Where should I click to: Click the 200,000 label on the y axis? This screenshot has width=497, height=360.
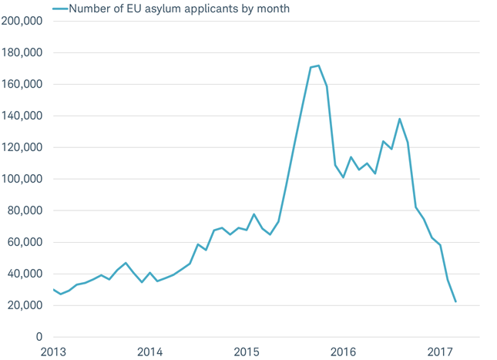(x=22, y=22)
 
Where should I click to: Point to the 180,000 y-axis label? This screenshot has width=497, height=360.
(x=22, y=53)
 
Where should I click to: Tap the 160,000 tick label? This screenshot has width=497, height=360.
(x=22, y=85)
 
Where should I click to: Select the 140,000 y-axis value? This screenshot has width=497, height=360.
(x=22, y=116)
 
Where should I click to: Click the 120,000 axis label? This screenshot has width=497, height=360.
(x=22, y=148)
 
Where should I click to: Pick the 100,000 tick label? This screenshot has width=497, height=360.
(x=22, y=180)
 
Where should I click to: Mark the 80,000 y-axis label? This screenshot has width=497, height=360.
(x=25, y=211)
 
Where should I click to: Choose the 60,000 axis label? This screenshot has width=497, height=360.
(x=25, y=243)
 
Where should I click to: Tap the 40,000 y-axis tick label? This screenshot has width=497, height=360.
(x=25, y=274)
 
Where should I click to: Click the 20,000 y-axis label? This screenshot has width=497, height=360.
(x=25, y=306)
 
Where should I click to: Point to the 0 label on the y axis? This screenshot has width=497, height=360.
(x=38, y=338)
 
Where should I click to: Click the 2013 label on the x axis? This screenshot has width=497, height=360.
(x=53, y=352)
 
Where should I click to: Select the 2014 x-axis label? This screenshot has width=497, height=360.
(x=149, y=352)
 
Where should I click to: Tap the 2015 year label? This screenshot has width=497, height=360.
(x=247, y=352)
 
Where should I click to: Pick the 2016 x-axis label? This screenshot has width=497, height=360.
(x=343, y=352)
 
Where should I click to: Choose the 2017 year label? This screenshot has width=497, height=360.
(x=439, y=352)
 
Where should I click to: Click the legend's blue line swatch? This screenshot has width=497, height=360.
(x=59, y=8)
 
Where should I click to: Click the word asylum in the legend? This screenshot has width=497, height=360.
(x=145, y=9)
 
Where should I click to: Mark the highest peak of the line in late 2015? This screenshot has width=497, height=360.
(x=318, y=66)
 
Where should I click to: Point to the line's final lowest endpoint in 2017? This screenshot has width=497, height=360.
(x=455, y=301)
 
